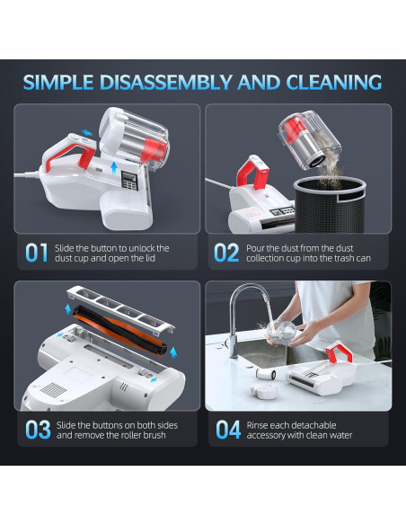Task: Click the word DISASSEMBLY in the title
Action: (165, 83)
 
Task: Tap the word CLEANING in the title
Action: (334, 83)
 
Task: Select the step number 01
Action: (37, 253)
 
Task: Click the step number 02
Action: (226, 253)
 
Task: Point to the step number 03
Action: (38, 430)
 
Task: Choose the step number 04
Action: (228, 430)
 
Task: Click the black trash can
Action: (330, 205)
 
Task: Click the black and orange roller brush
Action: (119, 331)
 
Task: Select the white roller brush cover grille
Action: (120, 309)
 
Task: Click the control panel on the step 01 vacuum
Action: (129, 181)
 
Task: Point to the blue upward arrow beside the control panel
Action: (114, 168)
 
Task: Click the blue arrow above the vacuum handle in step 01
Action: (87, 132)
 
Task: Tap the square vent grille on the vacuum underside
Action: (53, 390)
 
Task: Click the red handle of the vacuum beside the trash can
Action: (253, 172)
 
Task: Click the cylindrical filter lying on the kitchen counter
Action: (266, 374)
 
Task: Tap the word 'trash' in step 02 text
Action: (348, 258)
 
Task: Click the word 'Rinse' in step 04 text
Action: (257, 425)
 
